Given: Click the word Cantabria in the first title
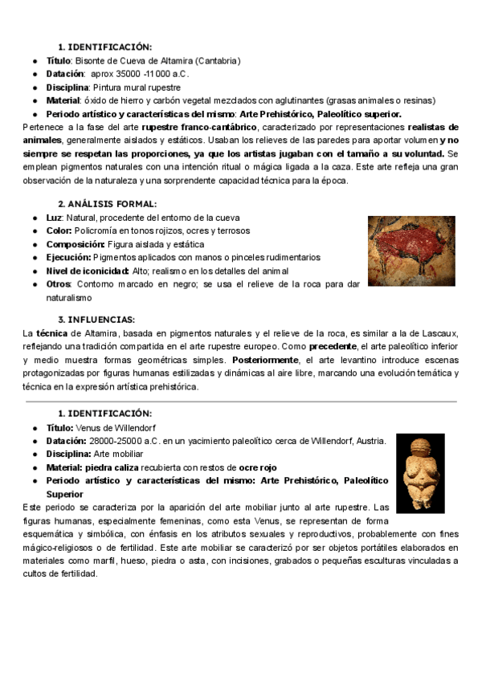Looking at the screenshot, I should (x=217, y=60).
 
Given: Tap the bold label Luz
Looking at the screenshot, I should (x=55, y=218).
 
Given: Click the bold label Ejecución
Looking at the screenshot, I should (x=68, y=257).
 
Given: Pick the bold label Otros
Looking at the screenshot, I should (x=59, y=283).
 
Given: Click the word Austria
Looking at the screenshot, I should (x=370, y=440).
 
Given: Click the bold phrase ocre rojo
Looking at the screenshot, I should (x=257, y=467).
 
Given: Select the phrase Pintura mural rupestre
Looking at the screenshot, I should (x=137, y=87).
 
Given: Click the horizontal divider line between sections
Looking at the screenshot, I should (x=241, y=400).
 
